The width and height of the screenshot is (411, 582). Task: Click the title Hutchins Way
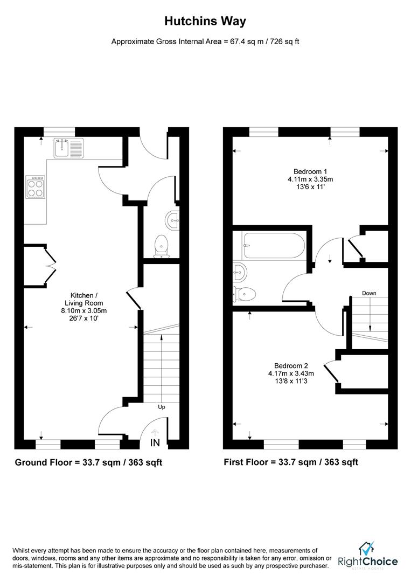point(205,22)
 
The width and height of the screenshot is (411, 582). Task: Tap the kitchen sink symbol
point(68,147)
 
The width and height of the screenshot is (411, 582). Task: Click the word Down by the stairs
point(369,293)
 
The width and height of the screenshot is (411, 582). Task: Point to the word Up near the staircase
point(161,407)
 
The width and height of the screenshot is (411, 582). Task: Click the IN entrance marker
point(155,443)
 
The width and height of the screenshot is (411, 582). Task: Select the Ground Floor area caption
point(88,462)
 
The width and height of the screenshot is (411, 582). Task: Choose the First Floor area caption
point(291,462)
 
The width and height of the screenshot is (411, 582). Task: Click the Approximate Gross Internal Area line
point(205,41)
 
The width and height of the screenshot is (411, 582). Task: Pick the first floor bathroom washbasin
point(240,272)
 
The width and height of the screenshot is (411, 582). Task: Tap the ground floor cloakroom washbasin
point(172,219)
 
